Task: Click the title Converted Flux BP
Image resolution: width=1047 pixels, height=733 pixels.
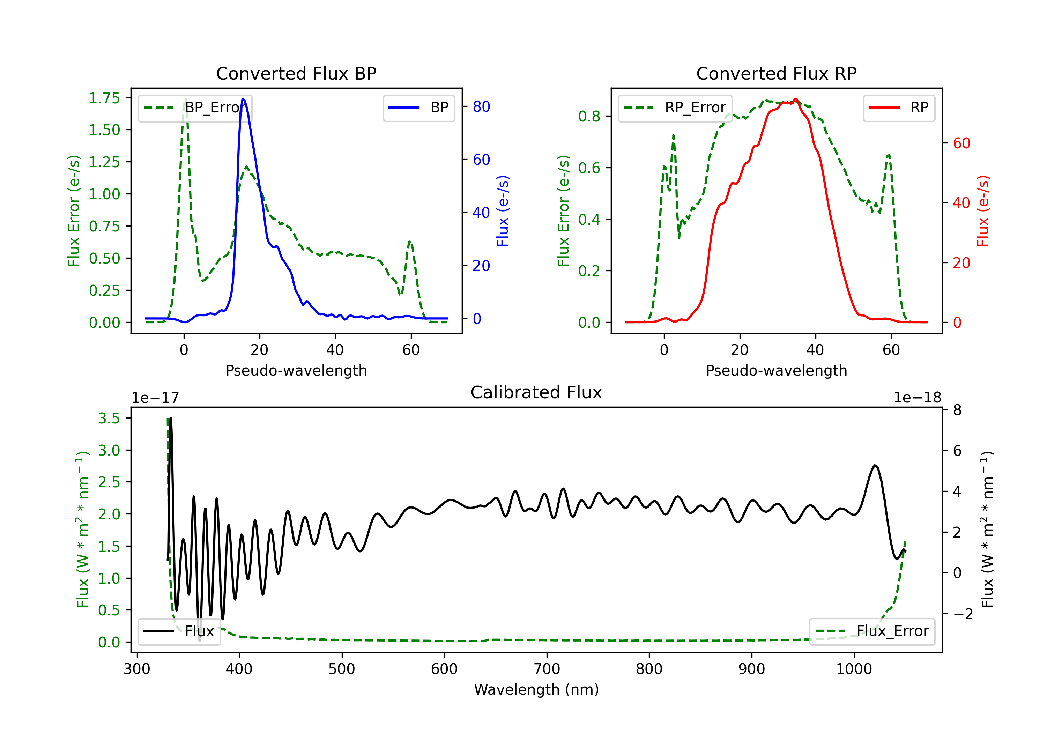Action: [296, 73]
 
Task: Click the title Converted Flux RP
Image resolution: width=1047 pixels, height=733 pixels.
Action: [776, 73]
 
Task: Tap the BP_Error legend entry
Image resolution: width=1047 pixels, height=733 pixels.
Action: [195, 108]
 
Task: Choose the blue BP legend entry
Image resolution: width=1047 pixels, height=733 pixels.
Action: [418, 108]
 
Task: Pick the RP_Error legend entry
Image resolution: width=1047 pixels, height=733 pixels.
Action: [675, 108]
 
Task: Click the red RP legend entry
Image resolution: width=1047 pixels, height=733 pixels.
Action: [899, 108]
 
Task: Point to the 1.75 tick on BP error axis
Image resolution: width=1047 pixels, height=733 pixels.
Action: [104, 98]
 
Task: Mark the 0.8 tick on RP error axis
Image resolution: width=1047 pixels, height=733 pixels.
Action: [589, 116]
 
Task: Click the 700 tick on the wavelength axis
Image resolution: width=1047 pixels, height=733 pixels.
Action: [547, 669]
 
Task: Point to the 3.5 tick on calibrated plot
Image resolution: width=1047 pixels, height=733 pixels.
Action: [109, 418]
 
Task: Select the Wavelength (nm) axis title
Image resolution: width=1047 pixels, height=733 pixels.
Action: [536, 689]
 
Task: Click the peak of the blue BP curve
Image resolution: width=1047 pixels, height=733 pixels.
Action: [243, 99]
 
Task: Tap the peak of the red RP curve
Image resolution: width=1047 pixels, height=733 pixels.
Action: [795, 99]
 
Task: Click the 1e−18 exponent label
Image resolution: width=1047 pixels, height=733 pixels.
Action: [917, 398]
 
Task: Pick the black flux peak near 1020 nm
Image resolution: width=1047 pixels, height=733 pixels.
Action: [875, 465]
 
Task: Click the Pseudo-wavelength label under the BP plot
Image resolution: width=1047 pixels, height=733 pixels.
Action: [296, 370]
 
